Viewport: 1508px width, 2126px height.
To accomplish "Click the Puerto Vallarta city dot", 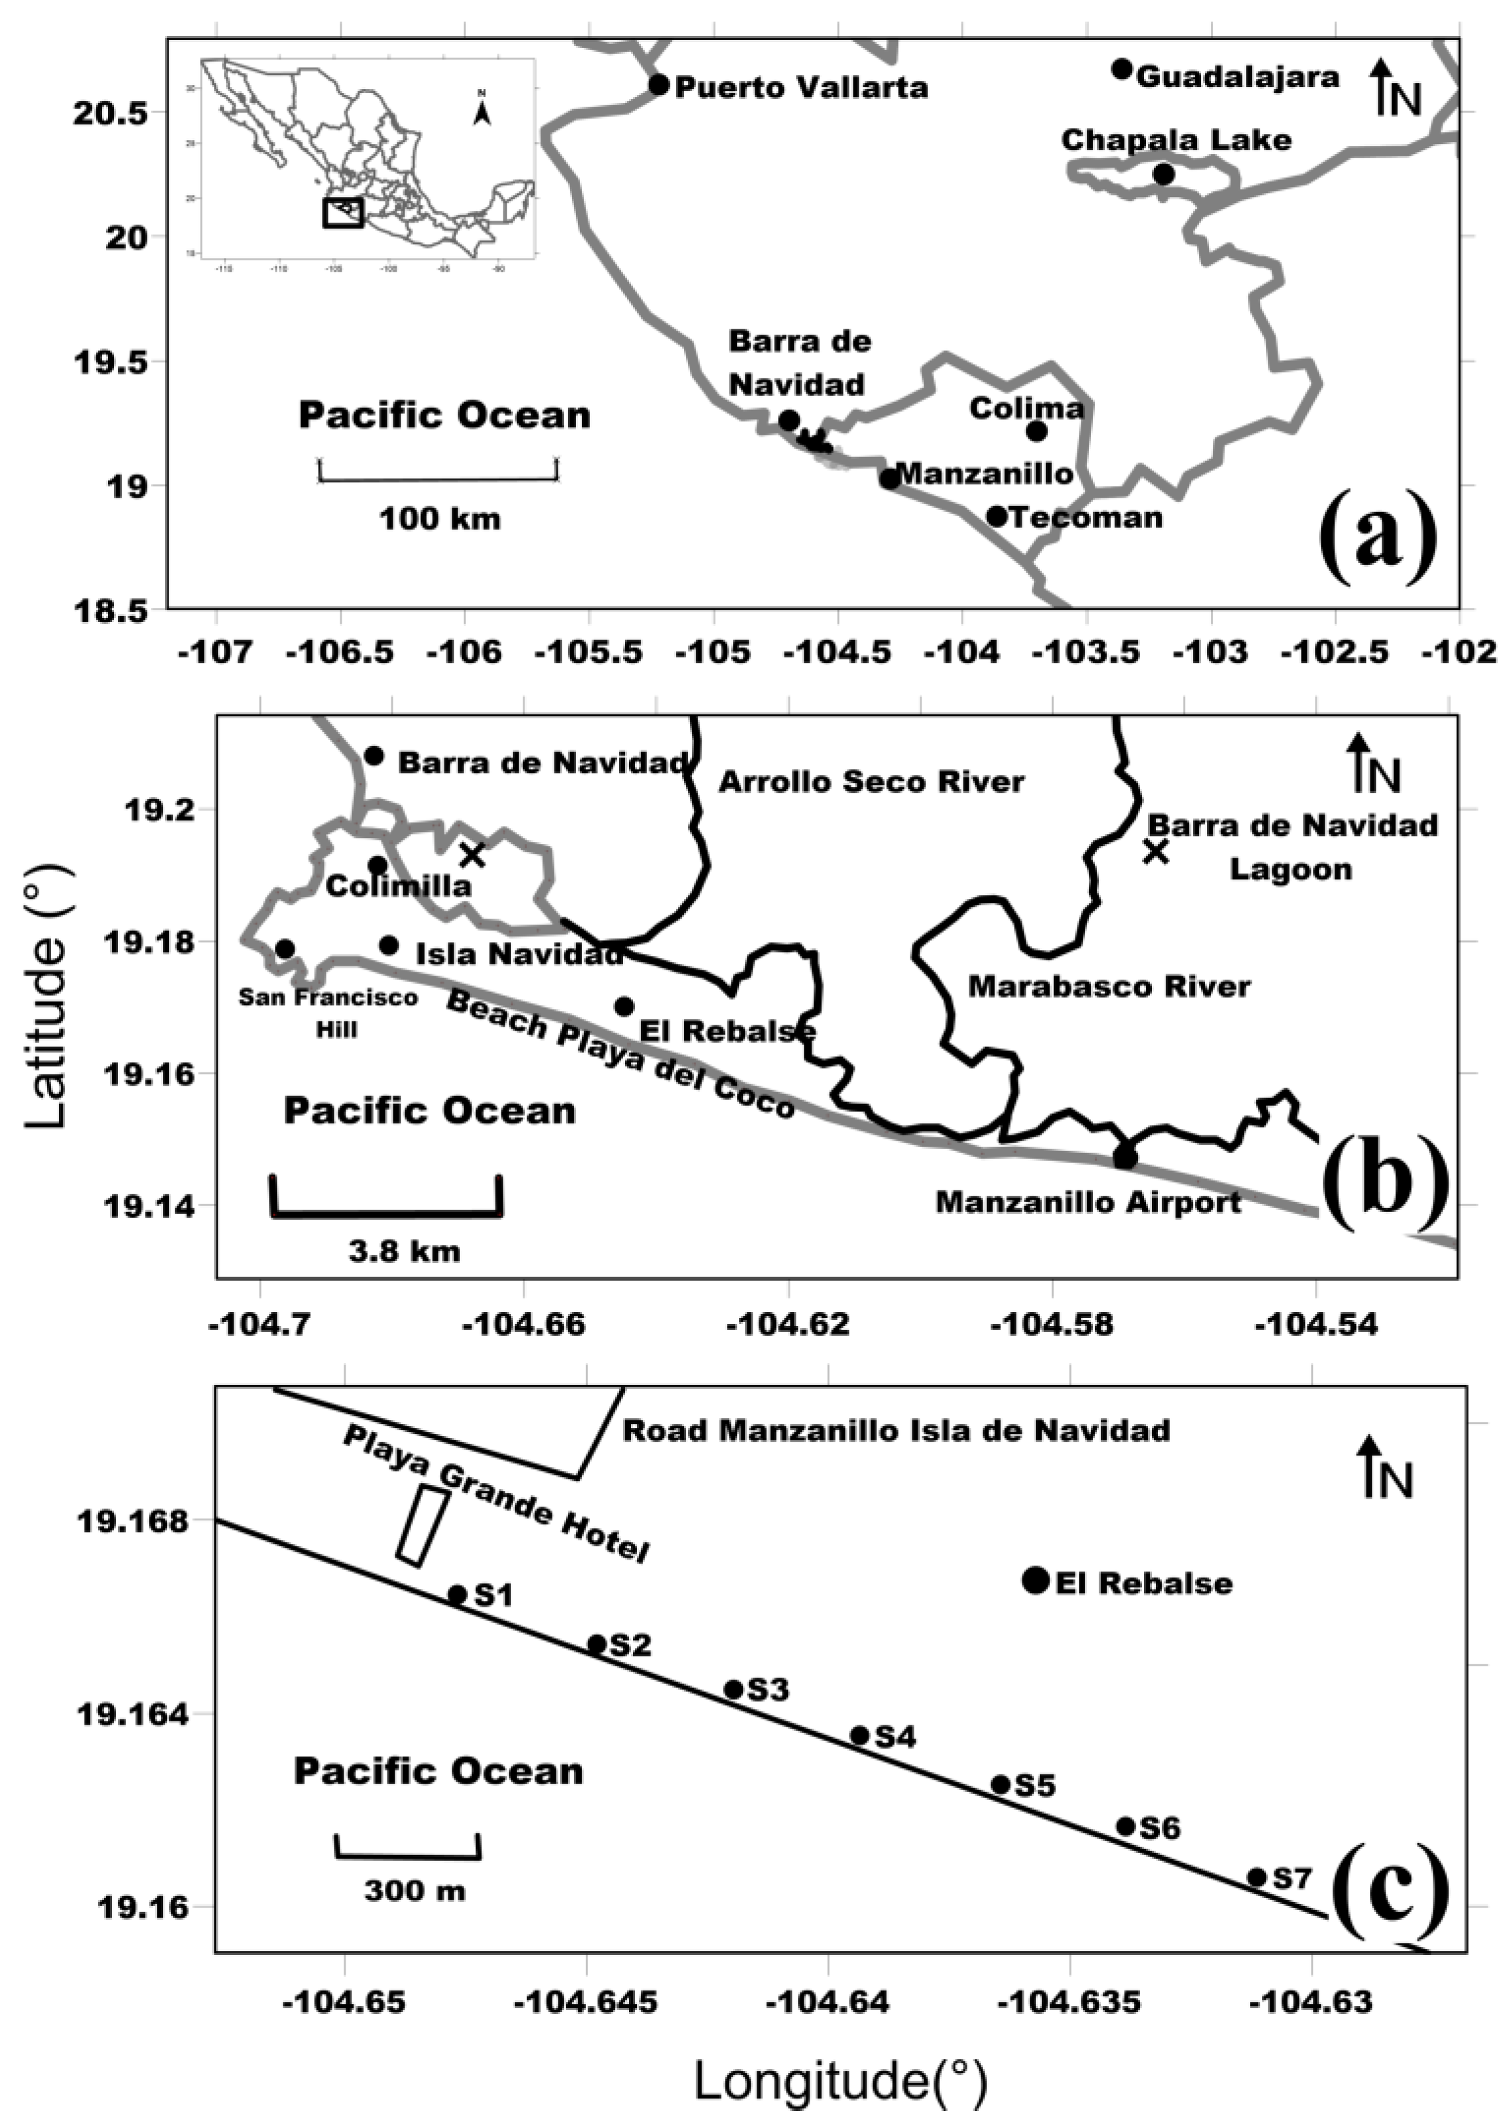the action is point(658,84).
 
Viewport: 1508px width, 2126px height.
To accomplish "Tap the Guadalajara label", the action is point(1238,77).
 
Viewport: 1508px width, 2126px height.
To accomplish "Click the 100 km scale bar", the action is point(439,479).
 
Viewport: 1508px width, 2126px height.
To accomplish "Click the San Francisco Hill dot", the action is point(285,948).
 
